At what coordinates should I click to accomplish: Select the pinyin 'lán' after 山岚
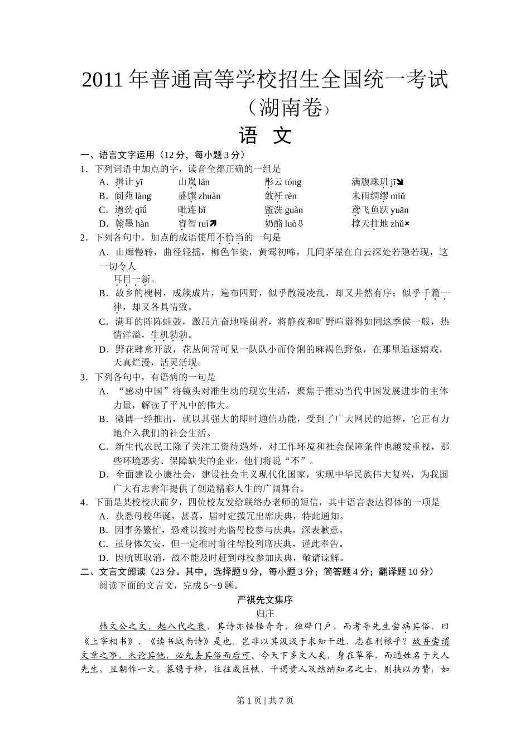click(x=204, y=182)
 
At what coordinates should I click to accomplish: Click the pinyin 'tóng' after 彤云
click(x=292, y=182)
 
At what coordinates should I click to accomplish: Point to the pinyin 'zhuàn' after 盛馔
click(x=209, y=196)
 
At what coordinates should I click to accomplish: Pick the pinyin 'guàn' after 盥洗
click(x=293, y=210)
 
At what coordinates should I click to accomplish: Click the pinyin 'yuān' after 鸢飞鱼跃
click(x=399, y=210)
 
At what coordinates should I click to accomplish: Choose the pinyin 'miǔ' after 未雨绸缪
click(x=398, y=196)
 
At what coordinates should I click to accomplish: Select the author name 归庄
click(x=265, y=613)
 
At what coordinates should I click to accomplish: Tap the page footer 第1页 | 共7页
click(x=265, y=701)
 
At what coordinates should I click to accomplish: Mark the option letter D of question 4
click(x=103, y=557)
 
